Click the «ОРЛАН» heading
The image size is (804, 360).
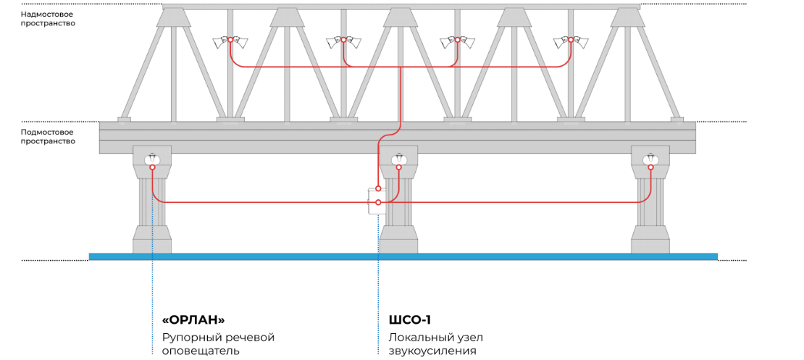[193, 320]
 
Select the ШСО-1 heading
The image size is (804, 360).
[410, 320]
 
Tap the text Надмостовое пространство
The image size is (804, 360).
[49, 19]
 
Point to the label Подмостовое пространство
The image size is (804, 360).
[49, 136]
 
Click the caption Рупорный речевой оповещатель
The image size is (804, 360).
[219, 344]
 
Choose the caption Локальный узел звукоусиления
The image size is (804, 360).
[436, 344]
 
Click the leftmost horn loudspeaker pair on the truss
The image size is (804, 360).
[230, 41]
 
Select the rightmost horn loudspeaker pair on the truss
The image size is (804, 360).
[570, 41]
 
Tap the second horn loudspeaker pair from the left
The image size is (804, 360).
[343, 41]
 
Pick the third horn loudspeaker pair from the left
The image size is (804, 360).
[457, 41]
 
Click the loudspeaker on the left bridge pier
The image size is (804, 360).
[152, 160]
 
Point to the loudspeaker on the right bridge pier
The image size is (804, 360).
[650, 160]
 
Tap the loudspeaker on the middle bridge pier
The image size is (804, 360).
[398, 160]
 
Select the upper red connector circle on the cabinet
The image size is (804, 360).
[378, 189]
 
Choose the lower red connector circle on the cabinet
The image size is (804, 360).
[378, 203]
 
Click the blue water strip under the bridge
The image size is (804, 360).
[403, 256]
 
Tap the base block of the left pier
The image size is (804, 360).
[152, 240]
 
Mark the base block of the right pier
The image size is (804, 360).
[650, 240]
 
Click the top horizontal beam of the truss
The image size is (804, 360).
[401, 7]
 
